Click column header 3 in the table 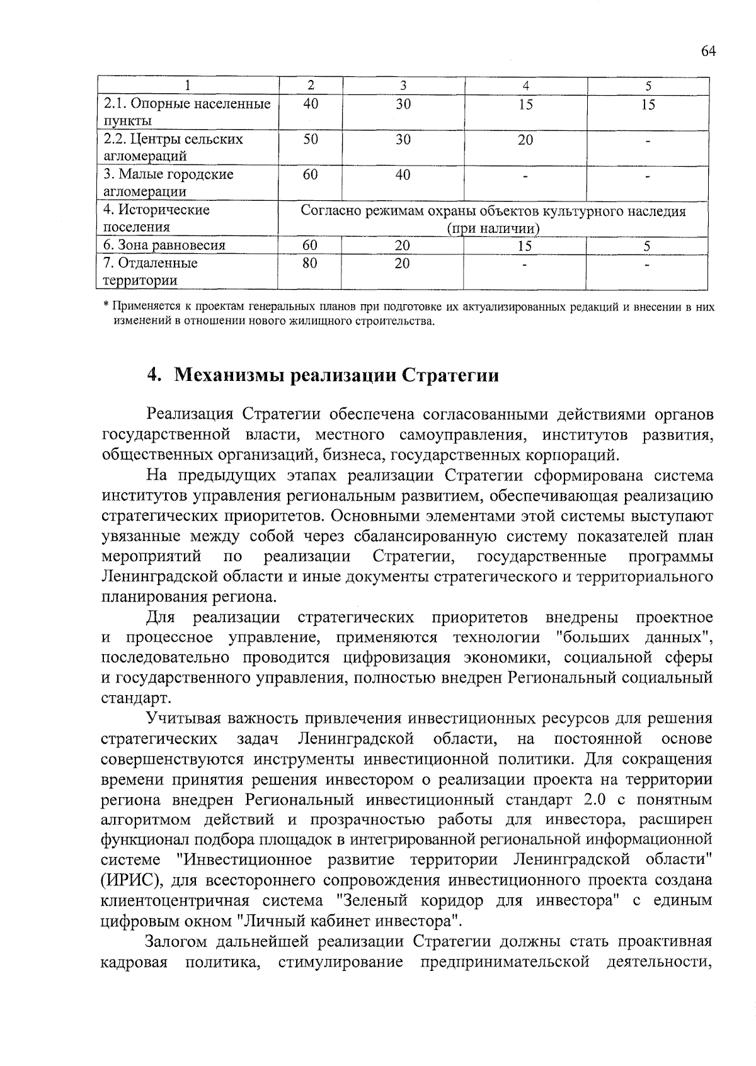click(x=403, y=86)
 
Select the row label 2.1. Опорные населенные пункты click(x=187, y=112)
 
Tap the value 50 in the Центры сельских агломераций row click(x=311, y=139)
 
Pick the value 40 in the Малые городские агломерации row click(x=403, y=174)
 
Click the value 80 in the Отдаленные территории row click(x=309, y=263)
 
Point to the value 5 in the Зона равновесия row click(x=647, y=246)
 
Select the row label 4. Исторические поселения click(x=157, y=218)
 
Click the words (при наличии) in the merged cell click(x=493, y=228)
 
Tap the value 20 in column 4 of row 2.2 click(x=525, y=140)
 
